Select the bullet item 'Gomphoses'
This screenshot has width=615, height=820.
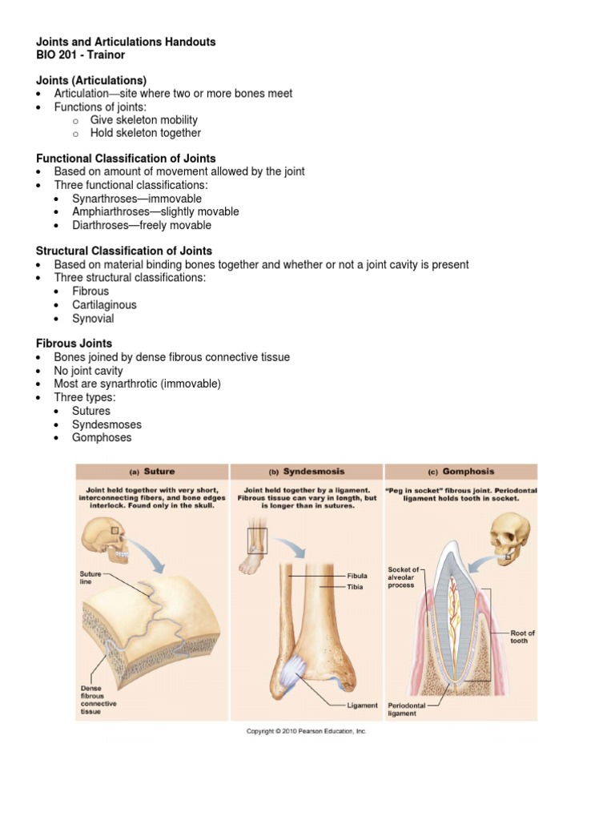tap(102, 438)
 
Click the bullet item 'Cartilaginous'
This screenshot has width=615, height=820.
tap(104, 305)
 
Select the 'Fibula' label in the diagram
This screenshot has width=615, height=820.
tap(356, 576)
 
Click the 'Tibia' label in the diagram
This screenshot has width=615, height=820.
tap(355, 587)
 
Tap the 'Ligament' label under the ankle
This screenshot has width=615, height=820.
tap(362, 705)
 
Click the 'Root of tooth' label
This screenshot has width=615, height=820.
tap(522, 637)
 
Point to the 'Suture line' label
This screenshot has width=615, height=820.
tap(90, 577)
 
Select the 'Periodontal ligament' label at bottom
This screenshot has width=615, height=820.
tap(404, 709)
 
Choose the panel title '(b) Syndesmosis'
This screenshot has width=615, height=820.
tap(307, 472)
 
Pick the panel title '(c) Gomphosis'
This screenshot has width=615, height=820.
tap(462, 472)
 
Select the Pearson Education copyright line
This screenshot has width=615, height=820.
tap(306, 731)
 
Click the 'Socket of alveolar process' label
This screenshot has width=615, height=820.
tap(403, 577)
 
